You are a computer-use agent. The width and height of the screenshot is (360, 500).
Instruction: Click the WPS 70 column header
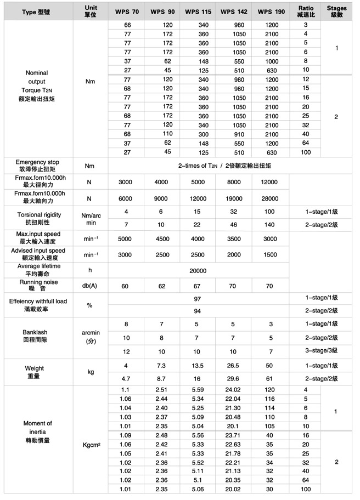click(127, 10)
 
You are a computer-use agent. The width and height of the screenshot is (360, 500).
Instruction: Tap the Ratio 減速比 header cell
click(306, 10)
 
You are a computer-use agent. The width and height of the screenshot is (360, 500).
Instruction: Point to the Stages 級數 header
click(336, 10)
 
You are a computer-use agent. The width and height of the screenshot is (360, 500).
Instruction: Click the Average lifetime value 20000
click(198, 270)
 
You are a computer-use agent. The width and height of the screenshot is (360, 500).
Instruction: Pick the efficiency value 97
click(198, 299)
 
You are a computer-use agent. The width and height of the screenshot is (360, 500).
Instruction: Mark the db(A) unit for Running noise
click(91, 286)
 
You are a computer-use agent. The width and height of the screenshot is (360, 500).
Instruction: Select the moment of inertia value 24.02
click(233, 390)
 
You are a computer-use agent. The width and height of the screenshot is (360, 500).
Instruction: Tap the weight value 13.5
click(197, 366)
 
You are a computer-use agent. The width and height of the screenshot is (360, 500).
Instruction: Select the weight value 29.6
click(233, 378)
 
